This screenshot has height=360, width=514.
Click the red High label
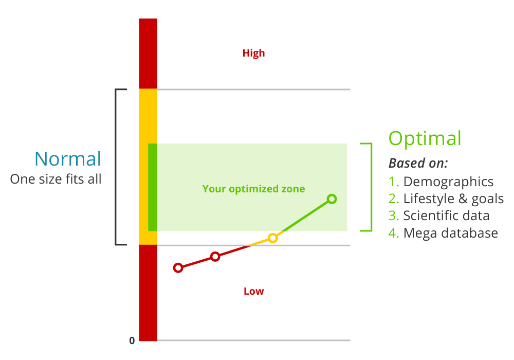click(253, 53)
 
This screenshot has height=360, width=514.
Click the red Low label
click(253, 292)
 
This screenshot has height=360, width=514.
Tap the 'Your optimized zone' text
click(253, 189)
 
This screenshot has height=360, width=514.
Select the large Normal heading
click(68, 159)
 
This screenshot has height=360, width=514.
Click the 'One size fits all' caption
click(56, 179)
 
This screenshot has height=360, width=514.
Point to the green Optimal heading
click(425, 139)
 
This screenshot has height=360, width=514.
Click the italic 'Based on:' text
click(418, 164)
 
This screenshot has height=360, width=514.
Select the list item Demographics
click(448, 182)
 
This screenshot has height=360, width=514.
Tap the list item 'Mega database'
click(450, 233)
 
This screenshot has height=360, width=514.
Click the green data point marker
click(332, 199)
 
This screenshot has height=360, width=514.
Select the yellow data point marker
click(273, 238)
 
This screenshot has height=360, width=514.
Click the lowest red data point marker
click(178, 267)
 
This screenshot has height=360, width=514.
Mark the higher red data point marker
click(215, 257)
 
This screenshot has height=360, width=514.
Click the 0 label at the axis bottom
click(132, 340)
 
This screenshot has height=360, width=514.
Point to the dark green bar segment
click(152, 187)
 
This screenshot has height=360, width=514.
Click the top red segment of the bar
click(148, 53)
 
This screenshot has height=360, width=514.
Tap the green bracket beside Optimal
click(369, 187)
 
